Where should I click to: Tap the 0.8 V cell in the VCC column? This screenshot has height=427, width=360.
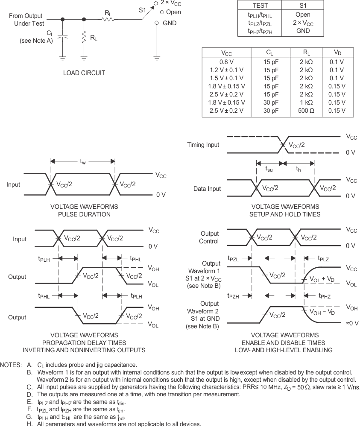coord(226,61)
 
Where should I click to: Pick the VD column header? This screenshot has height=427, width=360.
coord(337,53)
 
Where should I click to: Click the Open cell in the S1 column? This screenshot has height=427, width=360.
coord(303,15)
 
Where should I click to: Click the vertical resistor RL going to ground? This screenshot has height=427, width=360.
coord(84,38)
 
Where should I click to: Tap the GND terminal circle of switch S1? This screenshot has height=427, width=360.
coord(157,23)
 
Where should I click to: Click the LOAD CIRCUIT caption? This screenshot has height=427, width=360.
coord(84,73)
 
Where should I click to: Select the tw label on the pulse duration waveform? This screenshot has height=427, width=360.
coord(83,161)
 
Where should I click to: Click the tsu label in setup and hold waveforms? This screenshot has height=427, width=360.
coord(269,169)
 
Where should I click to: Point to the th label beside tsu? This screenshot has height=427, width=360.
coord(299,169)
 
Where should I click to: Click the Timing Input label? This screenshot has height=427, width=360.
coord(203,145)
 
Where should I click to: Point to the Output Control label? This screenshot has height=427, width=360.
coord(210,237)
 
